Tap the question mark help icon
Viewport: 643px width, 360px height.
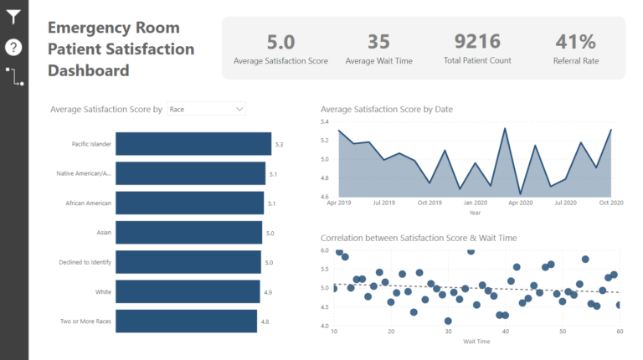click(x=13, y=47)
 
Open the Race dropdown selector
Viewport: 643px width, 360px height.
click(x=206, y=109)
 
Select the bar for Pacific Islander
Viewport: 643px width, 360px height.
click(x=193, y=144)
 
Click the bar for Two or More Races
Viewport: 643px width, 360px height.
click(x=185, y=321)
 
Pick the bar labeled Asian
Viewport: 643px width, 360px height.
click(x=188, y=233)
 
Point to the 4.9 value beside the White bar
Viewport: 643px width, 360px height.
click(x=268, y=292)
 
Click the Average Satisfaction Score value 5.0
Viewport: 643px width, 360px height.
click(x=280, y=42)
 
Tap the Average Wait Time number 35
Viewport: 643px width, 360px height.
click(x=378, y=42)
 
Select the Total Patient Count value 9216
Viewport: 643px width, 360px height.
click(x=476, y=42)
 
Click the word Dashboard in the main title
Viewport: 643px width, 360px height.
click(x=88, y=70)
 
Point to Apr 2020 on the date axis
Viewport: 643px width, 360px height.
click(x=520, y=203)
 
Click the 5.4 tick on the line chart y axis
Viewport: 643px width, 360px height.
click(x=325, y=121)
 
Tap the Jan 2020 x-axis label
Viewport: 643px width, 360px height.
click(x=475, y=203)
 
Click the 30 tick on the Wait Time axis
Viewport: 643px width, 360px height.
click(x=448, y=332)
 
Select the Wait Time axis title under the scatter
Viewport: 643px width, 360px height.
click(x=476, y=342)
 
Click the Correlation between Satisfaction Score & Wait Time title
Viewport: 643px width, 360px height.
click(x=419, y=238)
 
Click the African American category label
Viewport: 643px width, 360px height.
click(x=89, y=203)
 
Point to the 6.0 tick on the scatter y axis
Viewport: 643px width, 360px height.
click(x=325, y=250)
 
